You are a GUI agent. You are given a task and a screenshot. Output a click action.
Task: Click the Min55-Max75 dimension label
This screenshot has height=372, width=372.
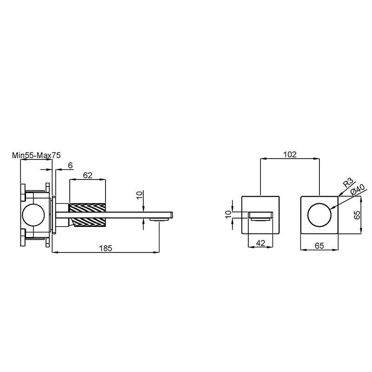pos(36,155)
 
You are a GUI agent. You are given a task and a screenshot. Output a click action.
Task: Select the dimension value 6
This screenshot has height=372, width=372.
pos(70,166)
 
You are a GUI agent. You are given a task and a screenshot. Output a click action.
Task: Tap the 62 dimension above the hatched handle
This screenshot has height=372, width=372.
pos(87,175)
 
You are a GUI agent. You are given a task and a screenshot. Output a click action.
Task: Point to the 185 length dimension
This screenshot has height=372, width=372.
pos(106,248)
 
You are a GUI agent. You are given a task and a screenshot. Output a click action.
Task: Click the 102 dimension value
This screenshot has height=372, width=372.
pos(290,155)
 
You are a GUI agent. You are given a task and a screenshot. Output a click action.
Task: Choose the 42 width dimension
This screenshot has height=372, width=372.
pos(260,243)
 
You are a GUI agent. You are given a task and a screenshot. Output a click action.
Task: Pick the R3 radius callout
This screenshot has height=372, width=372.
pos(348,183)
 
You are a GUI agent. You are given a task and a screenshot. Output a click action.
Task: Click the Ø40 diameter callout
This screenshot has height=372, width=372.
pos(357,189)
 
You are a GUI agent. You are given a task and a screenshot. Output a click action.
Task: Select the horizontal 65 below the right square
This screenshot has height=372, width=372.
pos(319,246)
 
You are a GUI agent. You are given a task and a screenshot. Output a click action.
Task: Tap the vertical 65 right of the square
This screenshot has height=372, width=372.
pos(357,215)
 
